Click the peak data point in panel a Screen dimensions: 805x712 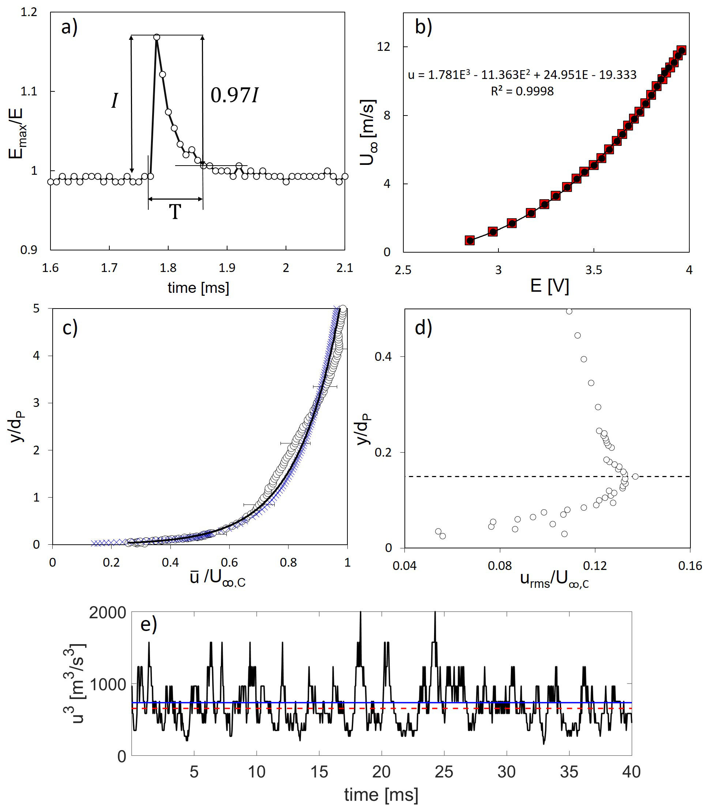pyautogui.click(x=157, y=37)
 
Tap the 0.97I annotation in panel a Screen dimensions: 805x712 pyautogui.click(x=234, y=95)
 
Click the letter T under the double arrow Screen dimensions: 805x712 pyautogui.click(x=175, y=212)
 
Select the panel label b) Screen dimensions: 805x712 pyautogui.click(x=423, y=27)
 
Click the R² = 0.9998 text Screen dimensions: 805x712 pyautogui.click(x=522, y=91)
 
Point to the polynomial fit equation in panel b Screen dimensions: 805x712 pyautogui.click(x=522, y=75)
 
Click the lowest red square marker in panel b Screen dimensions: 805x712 pyautogui.click(x=470, y=240)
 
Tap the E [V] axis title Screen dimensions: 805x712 pyautogui.click(x=550, y=286)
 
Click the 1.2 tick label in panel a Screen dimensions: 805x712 pyautogui.click(x=29, y=12)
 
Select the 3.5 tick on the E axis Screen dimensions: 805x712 pyautogui.click(x=594, y=270)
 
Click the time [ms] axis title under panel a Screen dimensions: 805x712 pyautogui.click(x=198, y=288)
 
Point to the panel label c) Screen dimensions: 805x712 pyautogui.click(x=70, y=328)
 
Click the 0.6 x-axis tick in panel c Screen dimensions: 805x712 pyautogui.click(x=229, y=562)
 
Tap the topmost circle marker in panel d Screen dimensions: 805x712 pyautogui.click(x=569, y=311)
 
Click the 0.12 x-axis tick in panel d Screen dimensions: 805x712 pyautogui.click(x=595, y=566)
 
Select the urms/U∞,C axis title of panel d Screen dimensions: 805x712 pyautogui.click(x=554, y=579)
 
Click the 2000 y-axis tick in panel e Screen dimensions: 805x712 pyautogui.click(x=107, y=613)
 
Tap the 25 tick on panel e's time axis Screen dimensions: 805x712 pyautogui.click(x=444, y=772)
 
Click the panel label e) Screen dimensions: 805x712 pyautogui.click(x=148, y=625)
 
